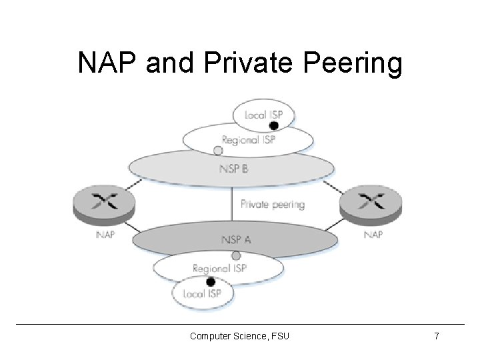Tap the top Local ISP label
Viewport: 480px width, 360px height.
click(263, 115)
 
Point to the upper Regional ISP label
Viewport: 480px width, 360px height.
click(249, 140)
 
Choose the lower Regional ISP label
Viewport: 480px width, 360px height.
click(219, 268)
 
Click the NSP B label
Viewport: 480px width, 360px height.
click(233, 169)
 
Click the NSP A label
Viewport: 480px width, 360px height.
click(236, 239)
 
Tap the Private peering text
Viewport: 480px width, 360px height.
click(272, 205)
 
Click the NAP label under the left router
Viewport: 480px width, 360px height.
click(105, 235)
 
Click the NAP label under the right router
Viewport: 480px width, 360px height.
click(373, 235)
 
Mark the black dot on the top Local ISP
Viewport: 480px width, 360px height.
click(273, 125)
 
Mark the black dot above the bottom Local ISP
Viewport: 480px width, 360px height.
click(210, 281)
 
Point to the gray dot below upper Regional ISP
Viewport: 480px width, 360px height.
click(218, 151)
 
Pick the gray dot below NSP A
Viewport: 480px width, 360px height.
click(235, 256)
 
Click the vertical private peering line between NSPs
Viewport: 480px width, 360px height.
click(233, 203)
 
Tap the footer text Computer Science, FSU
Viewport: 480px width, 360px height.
click(239, 336)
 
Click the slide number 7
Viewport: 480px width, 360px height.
click(436, 336)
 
